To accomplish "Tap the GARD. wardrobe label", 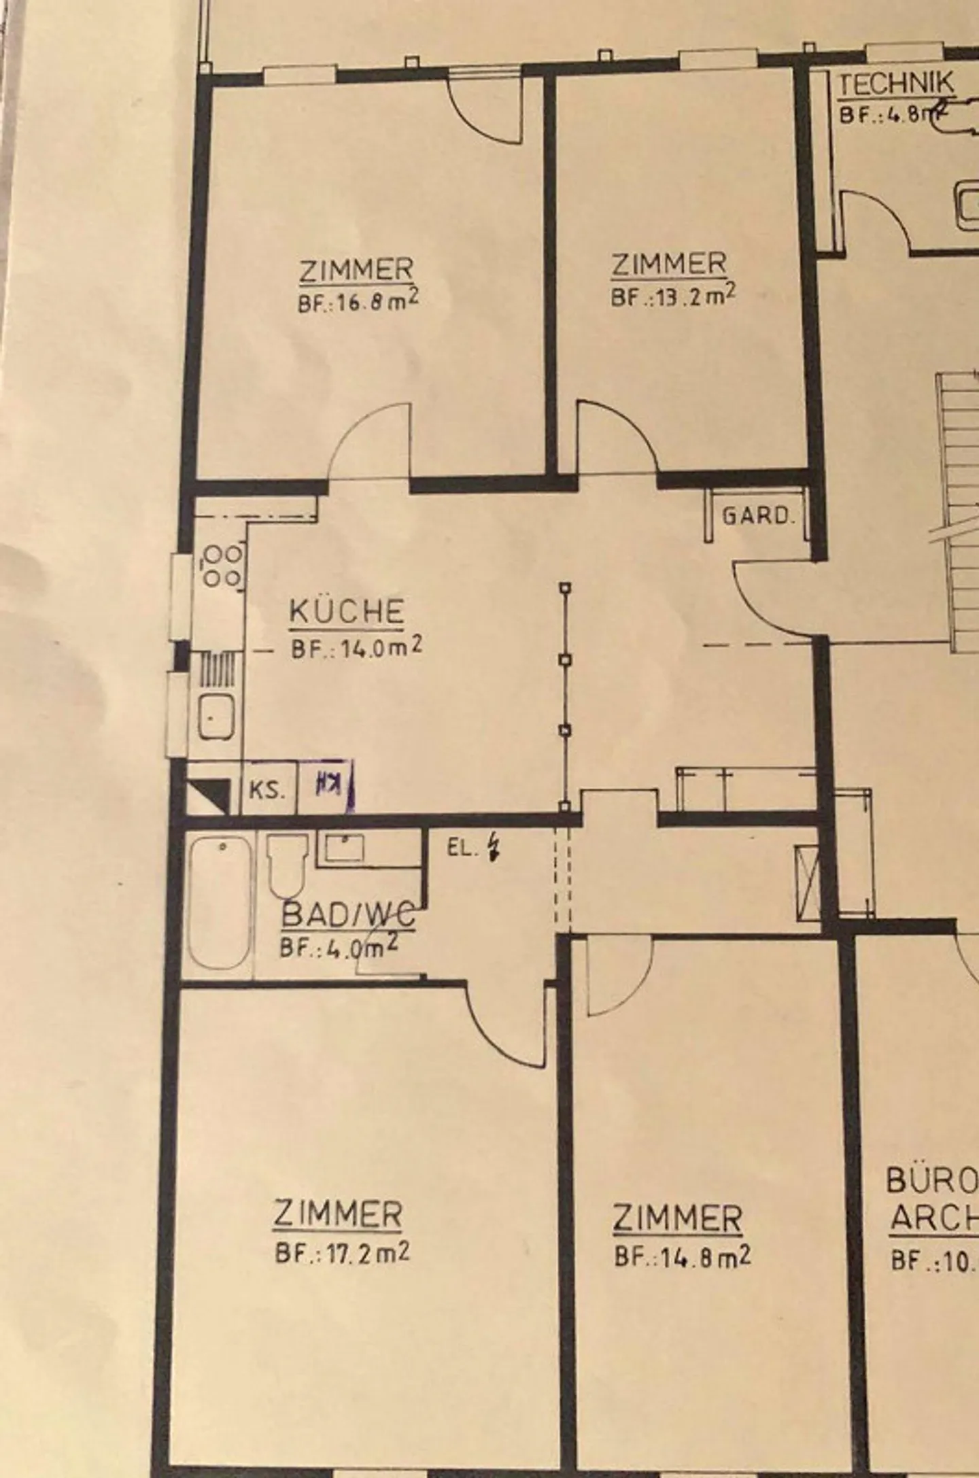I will coord(758,516).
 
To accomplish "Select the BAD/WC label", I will coord(347,916).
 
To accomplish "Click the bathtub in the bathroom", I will coord(219,901).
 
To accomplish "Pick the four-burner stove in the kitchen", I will coord(222,566).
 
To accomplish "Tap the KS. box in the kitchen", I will coord(268,791).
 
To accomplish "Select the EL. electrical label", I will coord(464,848).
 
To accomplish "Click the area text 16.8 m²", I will coord(358,302).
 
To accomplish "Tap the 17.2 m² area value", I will coord(342,1252).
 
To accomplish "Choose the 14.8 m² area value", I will coord(683,1256).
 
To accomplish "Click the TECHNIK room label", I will coord(896,84).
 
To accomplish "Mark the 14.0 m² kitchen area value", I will coord(357,647).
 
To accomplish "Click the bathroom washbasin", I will coord(344,848).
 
